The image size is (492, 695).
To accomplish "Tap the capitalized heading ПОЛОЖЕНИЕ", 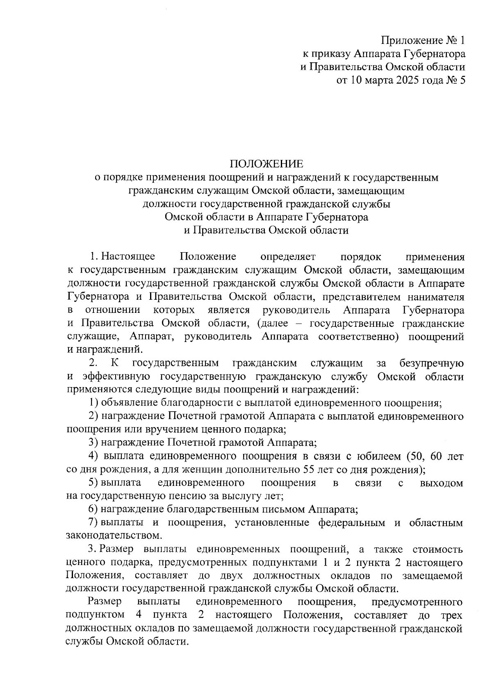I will (x=266, y=164).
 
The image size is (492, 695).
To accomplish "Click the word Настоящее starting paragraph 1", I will (x=128, y=257).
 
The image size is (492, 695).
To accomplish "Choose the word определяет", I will (x=288, y=257).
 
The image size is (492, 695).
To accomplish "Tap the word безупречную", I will (x=431, y=363).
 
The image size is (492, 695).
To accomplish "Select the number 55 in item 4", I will (x=309, y=469).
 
